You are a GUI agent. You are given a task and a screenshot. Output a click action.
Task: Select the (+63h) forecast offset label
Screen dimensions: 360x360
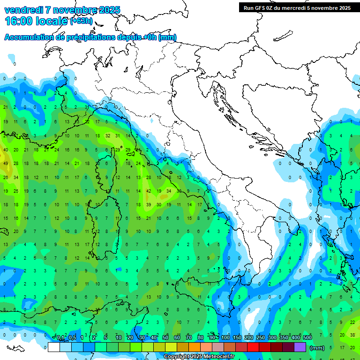point(81,21)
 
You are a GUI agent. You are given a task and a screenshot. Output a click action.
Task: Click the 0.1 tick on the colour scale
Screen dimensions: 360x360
point(60,338)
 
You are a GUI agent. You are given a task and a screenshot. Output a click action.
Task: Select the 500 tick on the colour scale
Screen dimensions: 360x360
point(307,338)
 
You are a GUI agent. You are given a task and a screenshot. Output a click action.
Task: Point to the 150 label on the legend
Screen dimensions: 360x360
point(237,338)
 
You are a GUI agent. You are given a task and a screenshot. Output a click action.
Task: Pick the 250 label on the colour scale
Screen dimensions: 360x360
point(260,338)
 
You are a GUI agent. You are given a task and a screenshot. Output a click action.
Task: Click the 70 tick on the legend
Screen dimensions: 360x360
point(189,338)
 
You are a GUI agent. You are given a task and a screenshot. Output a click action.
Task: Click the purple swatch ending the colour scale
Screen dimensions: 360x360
point(300,347)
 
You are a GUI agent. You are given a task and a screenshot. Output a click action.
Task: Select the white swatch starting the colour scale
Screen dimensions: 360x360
point(54,347)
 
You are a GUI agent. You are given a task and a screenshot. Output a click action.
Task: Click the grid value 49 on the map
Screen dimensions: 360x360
point(6,164)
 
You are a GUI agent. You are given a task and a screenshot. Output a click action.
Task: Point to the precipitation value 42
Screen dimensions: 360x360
point(149,191)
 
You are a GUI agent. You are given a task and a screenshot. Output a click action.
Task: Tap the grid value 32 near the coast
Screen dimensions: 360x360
point(108,136)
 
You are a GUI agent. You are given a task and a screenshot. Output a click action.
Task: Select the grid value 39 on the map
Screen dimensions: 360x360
point(149,205)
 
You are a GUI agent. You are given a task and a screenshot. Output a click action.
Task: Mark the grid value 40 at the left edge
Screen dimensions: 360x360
point(6,150)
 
